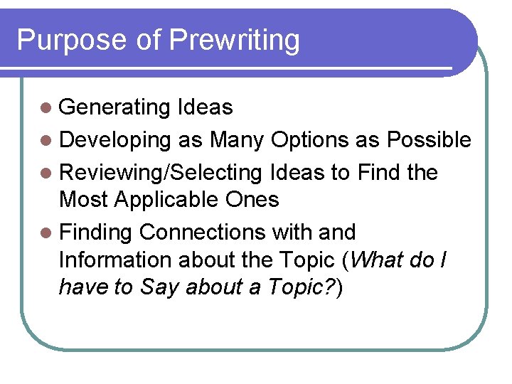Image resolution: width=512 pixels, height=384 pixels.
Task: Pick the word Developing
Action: coord(115,140)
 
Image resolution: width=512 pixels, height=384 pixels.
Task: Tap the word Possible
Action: coord(429,140)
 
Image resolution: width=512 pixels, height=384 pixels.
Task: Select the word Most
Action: coord(84,200)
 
